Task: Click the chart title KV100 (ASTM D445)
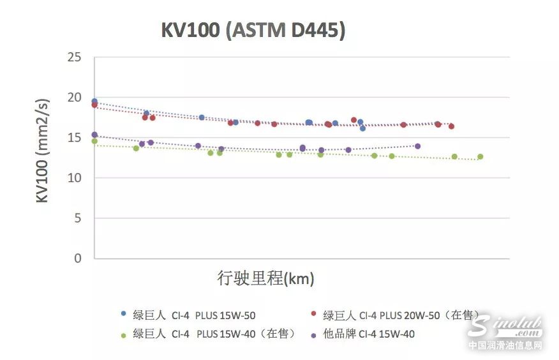(x=253, y=30)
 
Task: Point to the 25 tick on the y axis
(x=74, y=58)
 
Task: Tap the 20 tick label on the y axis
(x=74, y=98)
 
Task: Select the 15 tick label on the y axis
(x=74, y=138)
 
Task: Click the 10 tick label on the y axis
(x=74, y=178)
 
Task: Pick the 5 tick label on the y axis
(x=78, y=218)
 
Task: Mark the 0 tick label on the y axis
(x=78, y=259)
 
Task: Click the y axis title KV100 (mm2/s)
(x=43, y=151)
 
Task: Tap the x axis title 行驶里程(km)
(x=266, y=279)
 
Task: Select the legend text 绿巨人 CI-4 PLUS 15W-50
(x=194, y=315)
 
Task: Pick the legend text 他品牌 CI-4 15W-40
(x=369, y=333)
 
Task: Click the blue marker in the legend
(x=123, y=313)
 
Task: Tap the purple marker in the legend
(x=313, y=333)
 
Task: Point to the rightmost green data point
(x=480, y=156)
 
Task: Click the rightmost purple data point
(x=418, y=146)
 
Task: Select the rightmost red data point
(x=451, y=126)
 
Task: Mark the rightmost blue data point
(x=362, y=128)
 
